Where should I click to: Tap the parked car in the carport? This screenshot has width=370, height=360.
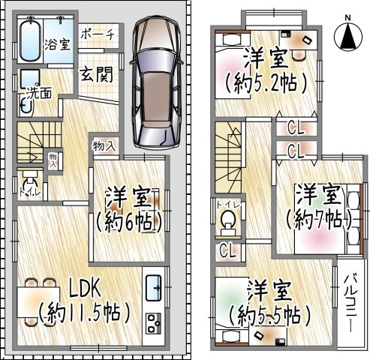coord(156,82)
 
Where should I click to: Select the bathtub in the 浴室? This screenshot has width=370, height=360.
coord(30,41)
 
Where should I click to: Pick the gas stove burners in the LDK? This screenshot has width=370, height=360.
coord(154,324)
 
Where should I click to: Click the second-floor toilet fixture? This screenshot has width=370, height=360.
coord(228,223)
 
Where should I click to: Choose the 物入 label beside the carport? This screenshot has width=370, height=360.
coord(104,145)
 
